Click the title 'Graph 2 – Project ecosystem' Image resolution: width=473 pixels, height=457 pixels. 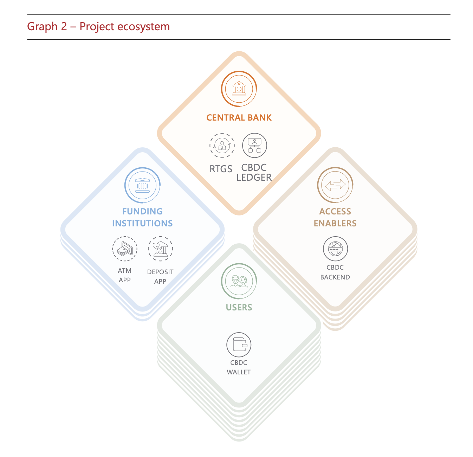(x=98, y=27)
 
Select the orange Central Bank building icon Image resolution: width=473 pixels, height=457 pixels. (x=239, y=89)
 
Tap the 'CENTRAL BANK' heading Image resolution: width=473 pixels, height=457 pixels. (x=239, y=118)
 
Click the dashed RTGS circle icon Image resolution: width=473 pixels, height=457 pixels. (x=222, y=145)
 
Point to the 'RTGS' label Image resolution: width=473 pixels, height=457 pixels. (x=221, y=169)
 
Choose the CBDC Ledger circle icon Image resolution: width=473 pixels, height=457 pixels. (x=254, y=145)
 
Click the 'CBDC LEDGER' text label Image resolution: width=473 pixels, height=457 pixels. (x=254, y=173)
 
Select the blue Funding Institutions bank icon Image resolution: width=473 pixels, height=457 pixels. (x=142, y=185)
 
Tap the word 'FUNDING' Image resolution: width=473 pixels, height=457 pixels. (x=142, y=212)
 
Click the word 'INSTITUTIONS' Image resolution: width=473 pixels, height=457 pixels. (x=142, y=224)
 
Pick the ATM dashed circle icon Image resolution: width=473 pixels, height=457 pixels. (x=125, y=249)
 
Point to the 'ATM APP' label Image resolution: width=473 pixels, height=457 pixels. (x=125, y=275)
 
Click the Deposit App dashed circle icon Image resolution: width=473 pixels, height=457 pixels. (x=160, y=249)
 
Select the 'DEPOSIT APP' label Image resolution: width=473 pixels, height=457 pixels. (x=160, y=277)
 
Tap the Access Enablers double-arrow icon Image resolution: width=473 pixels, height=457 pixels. (x=335, y=185)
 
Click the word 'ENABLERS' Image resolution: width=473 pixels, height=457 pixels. (x=335, y=224)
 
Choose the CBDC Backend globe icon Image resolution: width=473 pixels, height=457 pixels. (x=335, y=249)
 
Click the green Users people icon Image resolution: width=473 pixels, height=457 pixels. (x=239, y=281)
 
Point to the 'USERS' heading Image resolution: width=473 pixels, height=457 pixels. (x=239, y=308)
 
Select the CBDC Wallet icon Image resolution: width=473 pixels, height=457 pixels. (x=239, y=345)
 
